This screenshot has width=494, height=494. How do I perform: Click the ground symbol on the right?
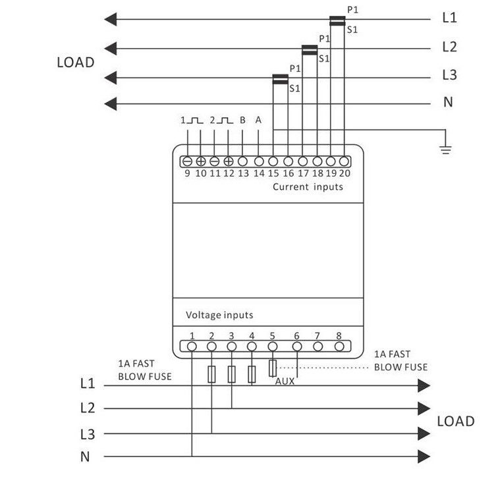click(446, 148)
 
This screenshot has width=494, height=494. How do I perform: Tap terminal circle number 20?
click(344, 161)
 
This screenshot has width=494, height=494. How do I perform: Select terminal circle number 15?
click(273, 161)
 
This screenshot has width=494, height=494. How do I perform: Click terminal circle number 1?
click(192, 346)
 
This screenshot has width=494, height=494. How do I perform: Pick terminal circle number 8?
click(339, 346)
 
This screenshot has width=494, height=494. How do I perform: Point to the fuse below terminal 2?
click(211, 374)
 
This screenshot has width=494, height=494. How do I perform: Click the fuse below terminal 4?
click(252, 374)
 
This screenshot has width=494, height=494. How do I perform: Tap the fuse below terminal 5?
click(272, 367)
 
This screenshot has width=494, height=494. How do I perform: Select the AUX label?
click(285, 381)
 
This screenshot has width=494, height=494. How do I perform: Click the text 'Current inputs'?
click(308, 187)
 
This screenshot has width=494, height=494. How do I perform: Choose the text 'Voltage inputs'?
click(219, 315)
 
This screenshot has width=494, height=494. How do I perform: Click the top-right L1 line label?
click(449, 18)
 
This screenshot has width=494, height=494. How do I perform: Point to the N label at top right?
click(448, 102)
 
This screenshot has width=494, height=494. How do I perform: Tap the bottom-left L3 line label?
click(88, 434)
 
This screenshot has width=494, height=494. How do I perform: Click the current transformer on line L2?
click(310, 49)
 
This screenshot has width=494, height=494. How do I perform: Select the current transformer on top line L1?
click(338, 21)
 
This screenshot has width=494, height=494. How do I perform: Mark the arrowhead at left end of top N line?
click(111, 103)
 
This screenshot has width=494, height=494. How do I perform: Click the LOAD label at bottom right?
click(456, 422)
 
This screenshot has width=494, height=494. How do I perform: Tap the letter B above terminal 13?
click(242, 121)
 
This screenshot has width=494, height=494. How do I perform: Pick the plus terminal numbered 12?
click(229, 161)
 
